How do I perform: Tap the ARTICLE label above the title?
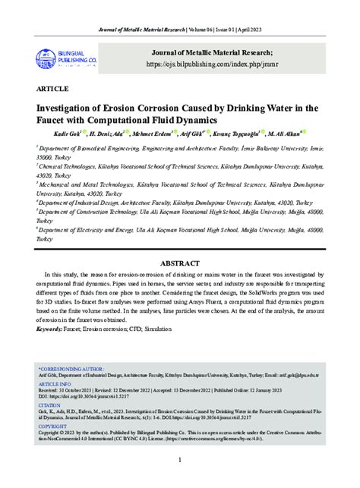tap(49, 88)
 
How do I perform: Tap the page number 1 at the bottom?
tap(180, 461)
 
